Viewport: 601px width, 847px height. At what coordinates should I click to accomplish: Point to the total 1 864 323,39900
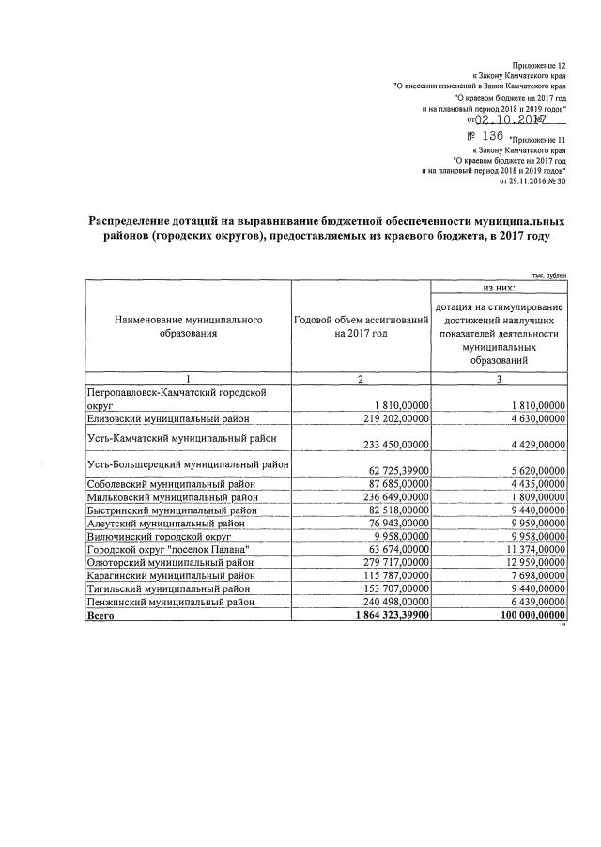tap(384, 614)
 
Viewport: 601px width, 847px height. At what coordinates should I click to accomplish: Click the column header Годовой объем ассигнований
tap(361, 327)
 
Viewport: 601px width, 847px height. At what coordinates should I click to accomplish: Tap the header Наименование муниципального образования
tap(188, 327)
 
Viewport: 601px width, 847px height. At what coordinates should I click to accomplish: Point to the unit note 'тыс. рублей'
tap(548, 274)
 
